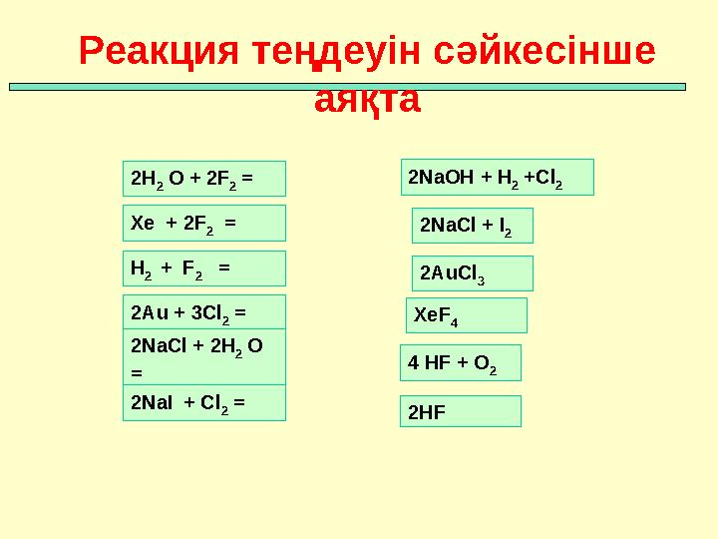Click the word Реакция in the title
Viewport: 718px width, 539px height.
[158, 51]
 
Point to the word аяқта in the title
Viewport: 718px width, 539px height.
[367, 100]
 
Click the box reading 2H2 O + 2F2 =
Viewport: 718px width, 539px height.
[203, 179]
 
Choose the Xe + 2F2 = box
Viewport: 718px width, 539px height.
[203, 224]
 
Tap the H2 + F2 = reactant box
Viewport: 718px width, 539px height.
[203, 269]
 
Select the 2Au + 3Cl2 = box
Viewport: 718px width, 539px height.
[203, 311]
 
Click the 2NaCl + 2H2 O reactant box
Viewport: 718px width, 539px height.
[203, 356]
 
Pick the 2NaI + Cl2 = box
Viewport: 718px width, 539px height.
[203, 402]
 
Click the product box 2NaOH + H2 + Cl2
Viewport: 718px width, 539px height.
[497, 177]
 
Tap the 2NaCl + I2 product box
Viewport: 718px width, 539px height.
[473, 226]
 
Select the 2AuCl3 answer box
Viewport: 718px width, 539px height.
[473, 272]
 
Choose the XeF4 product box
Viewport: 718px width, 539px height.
[466, 315]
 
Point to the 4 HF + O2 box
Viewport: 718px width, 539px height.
[461, 364]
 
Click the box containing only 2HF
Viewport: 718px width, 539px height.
[461, 411]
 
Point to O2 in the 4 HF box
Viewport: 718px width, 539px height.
[485, 365]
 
